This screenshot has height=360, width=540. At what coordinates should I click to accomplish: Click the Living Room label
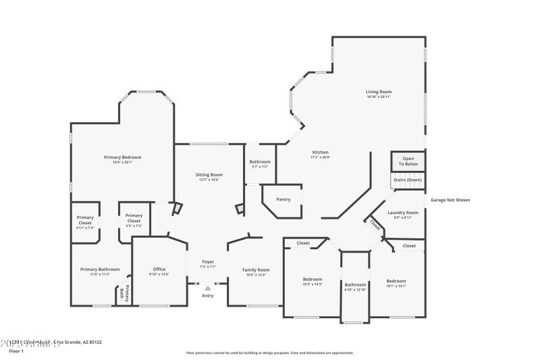(379, 92)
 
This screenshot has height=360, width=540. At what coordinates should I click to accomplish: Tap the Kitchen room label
(320, 152)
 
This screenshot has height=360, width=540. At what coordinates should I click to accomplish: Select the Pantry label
(283, 199)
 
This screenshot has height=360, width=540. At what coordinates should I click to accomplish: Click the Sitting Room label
(209, 174)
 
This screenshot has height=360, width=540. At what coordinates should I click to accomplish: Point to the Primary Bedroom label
(123, 157)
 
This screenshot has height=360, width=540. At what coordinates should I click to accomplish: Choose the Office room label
(159, 269)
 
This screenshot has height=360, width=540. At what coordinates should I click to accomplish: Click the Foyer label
(209, 261)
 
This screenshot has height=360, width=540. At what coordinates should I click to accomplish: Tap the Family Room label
(256, 269)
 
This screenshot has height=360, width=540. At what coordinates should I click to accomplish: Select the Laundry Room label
(403, 212)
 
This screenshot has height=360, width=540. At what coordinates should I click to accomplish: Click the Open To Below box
(408, 161)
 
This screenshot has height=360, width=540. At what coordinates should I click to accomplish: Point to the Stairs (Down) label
(408, 180)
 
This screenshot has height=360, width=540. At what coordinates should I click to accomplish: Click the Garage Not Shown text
(450, 200)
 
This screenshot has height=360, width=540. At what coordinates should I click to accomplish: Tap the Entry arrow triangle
(208, 288)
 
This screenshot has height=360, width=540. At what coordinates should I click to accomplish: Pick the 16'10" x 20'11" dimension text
(379, 97)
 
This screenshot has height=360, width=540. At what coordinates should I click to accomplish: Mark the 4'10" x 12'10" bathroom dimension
(356, 289)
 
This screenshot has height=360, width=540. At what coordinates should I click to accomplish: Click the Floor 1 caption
(16, 351)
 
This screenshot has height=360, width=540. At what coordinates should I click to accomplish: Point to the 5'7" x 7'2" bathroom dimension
(260, 166)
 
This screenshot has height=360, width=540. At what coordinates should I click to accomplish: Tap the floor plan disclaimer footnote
(269, 353)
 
